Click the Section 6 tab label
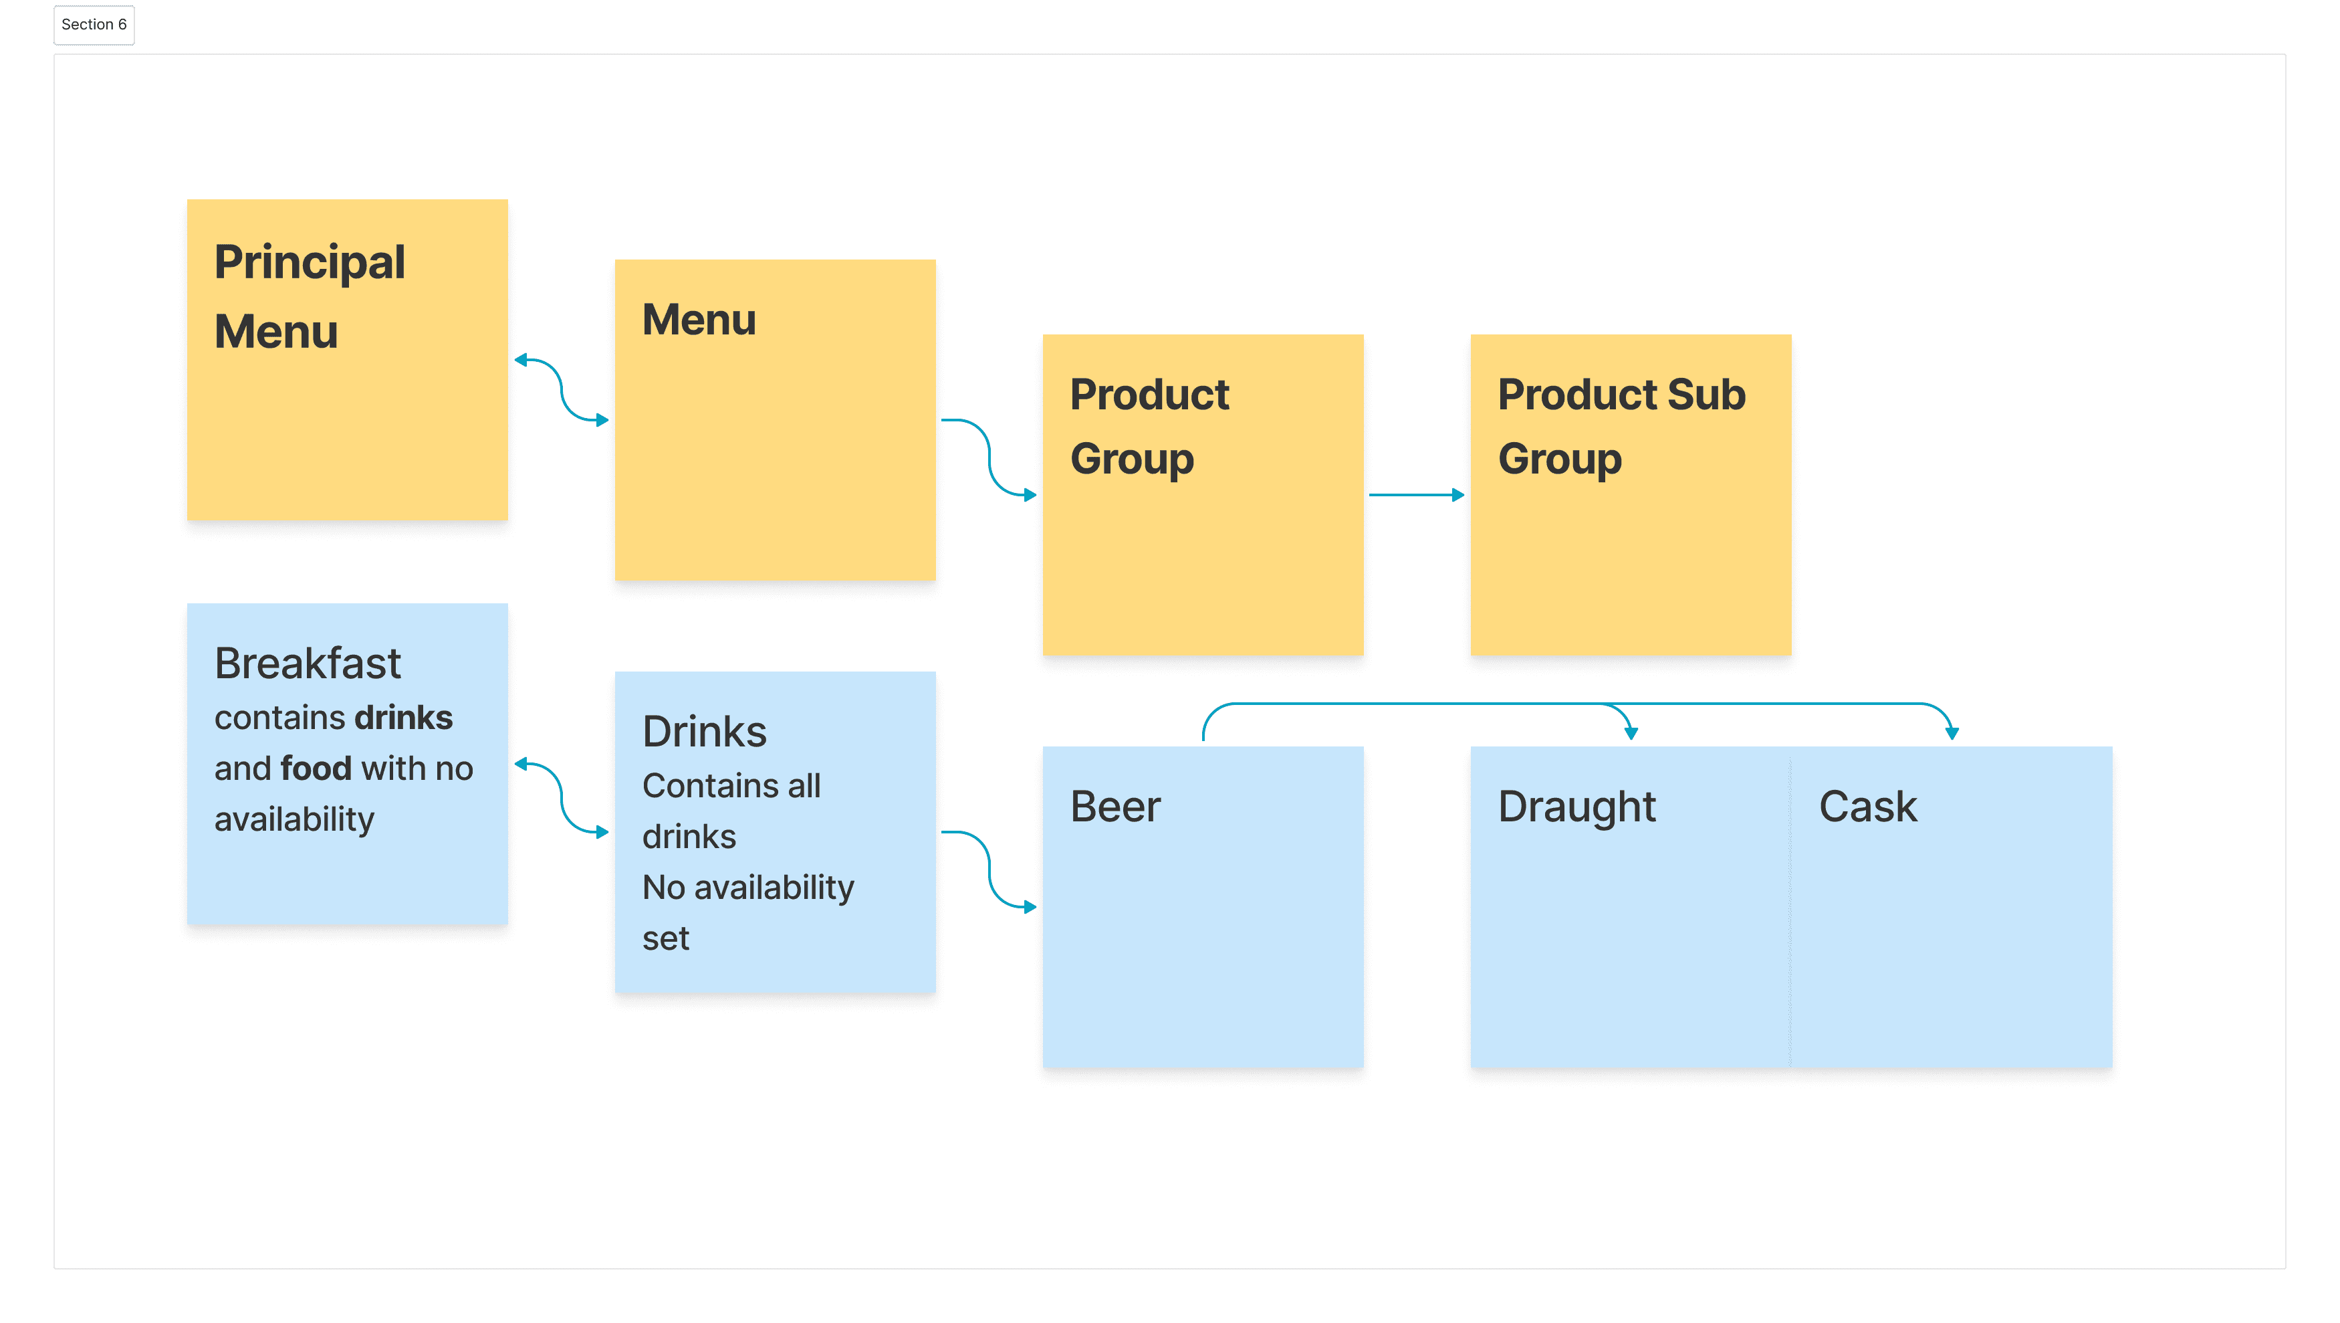pos(94,25)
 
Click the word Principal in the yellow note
pos(309,263)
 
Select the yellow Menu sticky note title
pos(699,320)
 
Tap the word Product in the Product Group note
pos(1149,395)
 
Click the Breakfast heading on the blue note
pos(307,664)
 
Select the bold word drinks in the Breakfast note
pos(403,718)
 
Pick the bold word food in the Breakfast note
pos(315,769)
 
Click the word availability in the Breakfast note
pos(294,819)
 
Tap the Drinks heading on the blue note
pos(704,732)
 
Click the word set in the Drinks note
pos(665,938)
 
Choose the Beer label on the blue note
pos(1115,807)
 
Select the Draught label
pos(1576,807)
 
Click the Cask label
pos(1867,807)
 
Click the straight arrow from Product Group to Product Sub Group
pos(1415,495)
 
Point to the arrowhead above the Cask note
pos(1951,732)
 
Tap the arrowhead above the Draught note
pos(1631,732)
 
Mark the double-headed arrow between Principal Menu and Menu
pos(562,391)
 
